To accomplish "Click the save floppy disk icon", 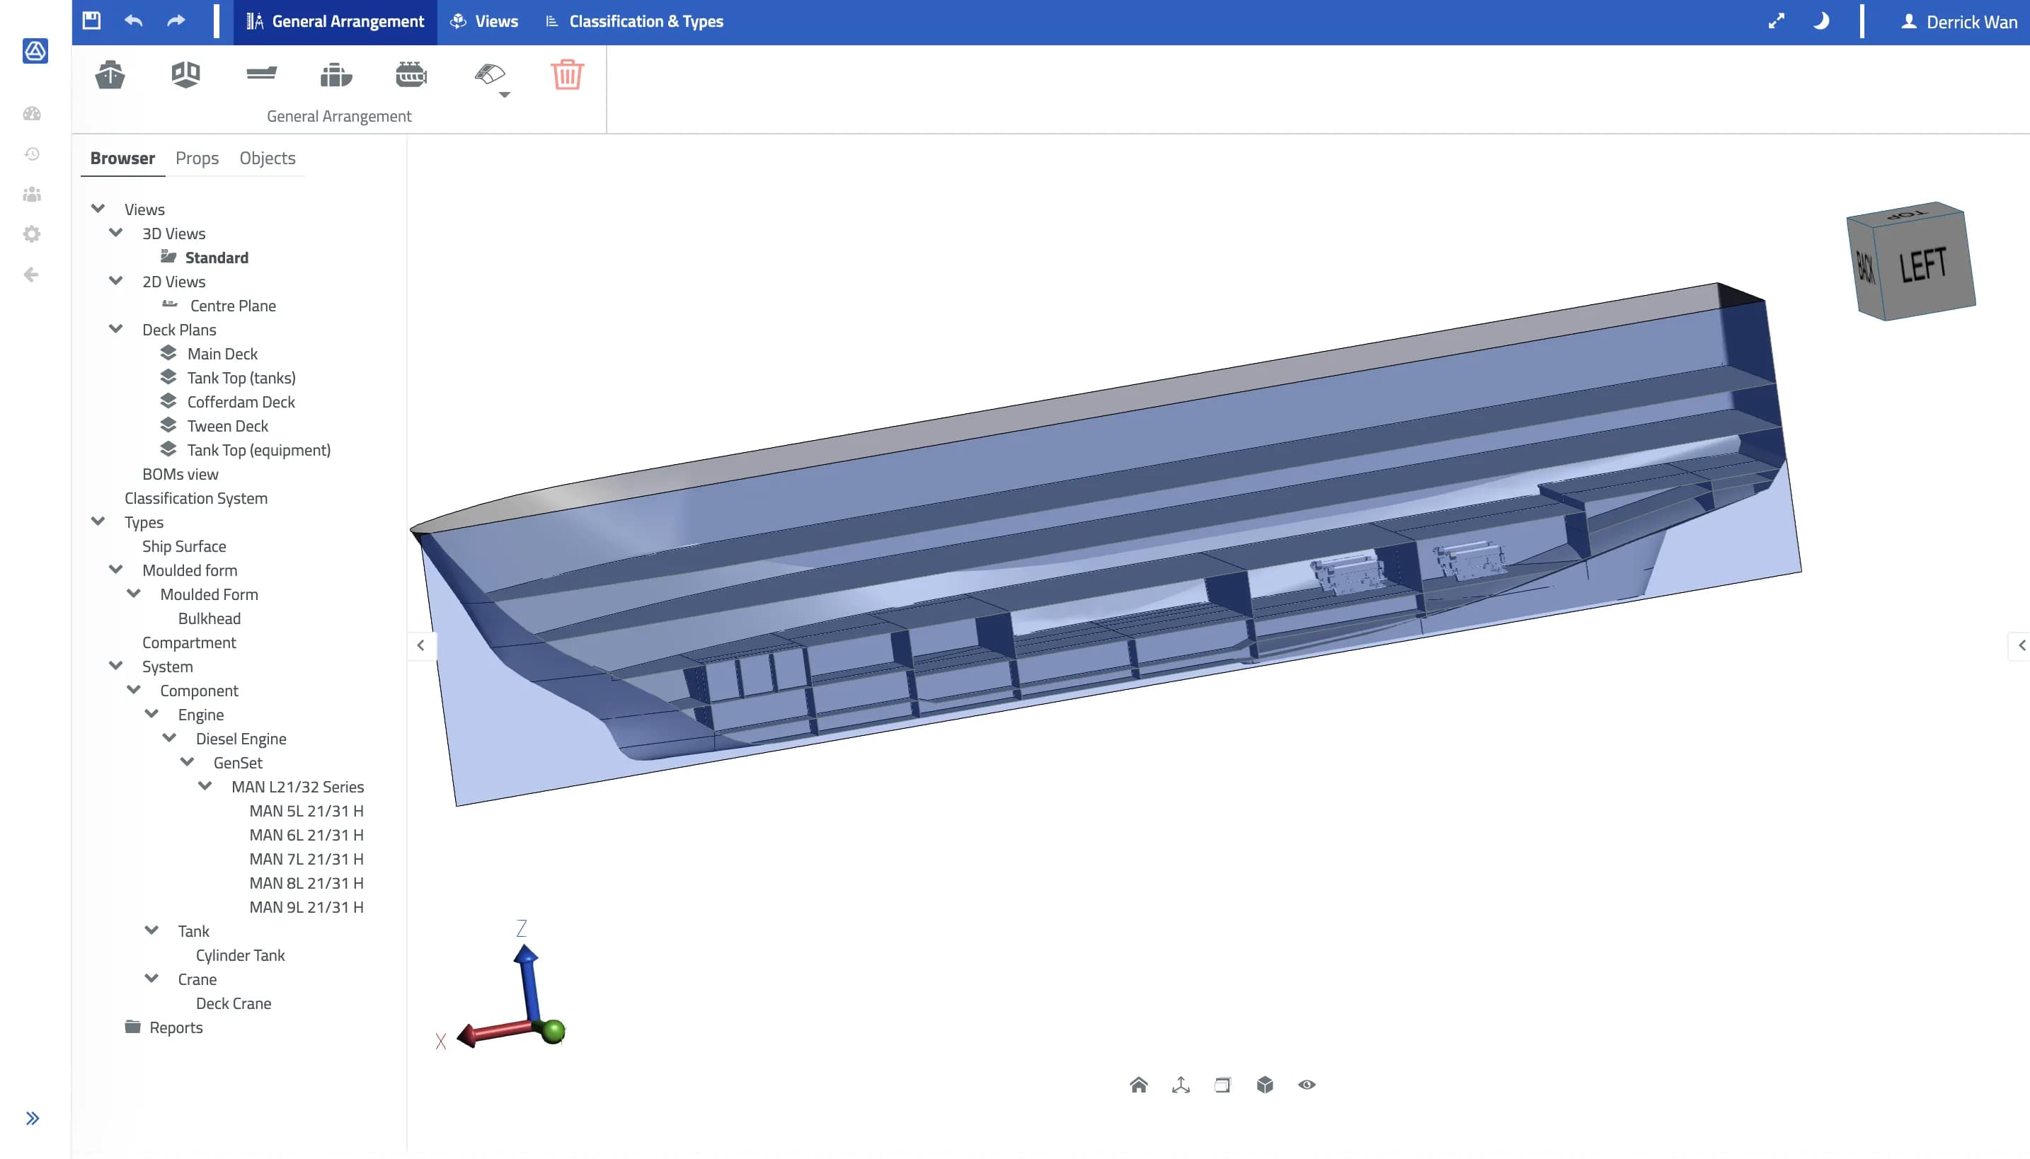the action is pyautogui.click(x=91, y=21).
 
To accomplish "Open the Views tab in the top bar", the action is pyautogui.click(x=484, y=21).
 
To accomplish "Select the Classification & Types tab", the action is pyautogui.click(x=634, y=21).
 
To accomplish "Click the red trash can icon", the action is pyautogui.click(x=568, y=75).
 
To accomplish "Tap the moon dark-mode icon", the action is pyautogui.click(x=1820, y=21).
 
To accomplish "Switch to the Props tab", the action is pyautogui.click(x=197, y=158).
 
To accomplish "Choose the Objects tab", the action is pyautogui.click(x=268, y=158).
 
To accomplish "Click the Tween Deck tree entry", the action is pyautogui.click(x=228, y=426).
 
